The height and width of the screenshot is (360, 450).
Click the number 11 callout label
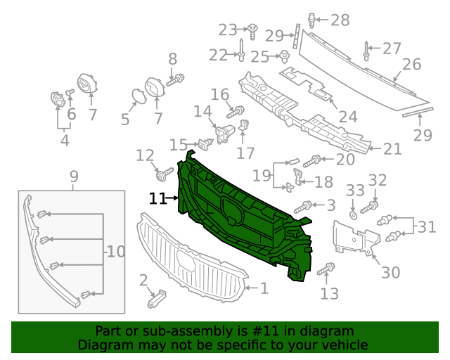(157, 199)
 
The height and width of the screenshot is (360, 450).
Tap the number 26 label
(411, 65)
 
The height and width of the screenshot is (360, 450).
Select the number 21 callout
(392, 148)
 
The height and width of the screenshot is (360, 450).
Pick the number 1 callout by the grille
(264, 288)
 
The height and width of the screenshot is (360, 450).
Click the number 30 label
(391, 273)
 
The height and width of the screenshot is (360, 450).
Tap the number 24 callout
(347, 117)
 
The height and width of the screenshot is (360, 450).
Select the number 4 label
(65, 141)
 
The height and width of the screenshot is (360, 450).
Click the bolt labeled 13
(328, 269)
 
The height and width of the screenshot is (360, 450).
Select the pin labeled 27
(366, 51)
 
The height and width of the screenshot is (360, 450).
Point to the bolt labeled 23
(251, 30)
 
